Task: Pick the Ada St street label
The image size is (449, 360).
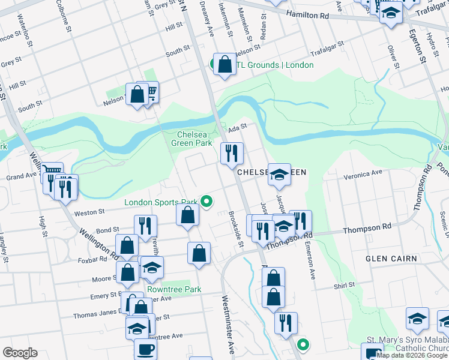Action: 238,128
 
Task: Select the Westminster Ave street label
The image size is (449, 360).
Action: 228,324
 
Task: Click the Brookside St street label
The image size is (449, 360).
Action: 235,229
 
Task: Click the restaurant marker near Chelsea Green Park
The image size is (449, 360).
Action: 231,154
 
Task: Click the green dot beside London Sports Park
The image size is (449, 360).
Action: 207,202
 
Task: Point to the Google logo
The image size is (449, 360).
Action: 20,353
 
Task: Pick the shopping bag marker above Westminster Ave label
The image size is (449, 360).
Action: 199,254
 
